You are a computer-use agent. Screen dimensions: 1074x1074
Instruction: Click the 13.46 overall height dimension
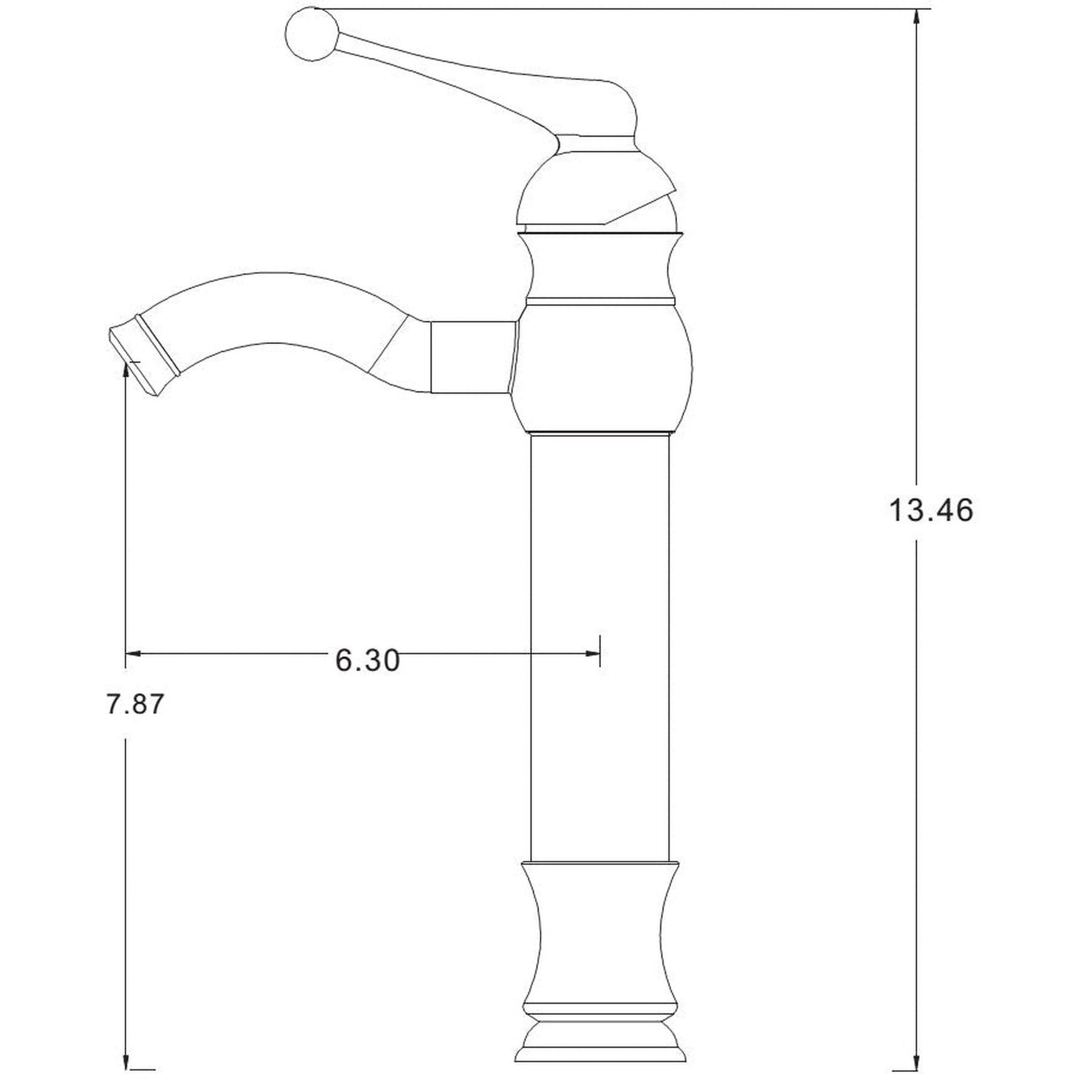[931, 511]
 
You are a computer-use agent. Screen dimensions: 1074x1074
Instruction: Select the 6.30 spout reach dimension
[368, 661]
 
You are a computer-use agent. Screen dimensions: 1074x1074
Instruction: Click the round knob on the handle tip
[312, 34]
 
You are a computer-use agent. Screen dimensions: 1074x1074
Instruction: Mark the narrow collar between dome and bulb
[600, 267]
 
